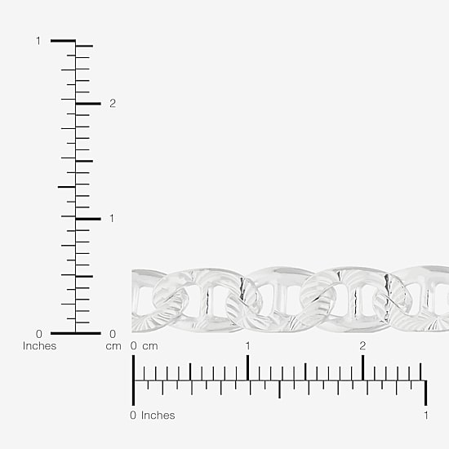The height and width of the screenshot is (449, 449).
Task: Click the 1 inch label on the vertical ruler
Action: (x=38, y=41)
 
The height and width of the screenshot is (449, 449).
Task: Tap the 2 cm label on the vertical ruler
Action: (x=113, y=104)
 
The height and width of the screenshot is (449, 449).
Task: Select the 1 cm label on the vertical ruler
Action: (x=112, y=219)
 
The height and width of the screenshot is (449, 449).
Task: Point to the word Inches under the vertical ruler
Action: (x=39, y=346)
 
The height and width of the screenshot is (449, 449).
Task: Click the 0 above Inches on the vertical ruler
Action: (x=39, y=334)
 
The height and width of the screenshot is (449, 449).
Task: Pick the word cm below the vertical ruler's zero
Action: (x=113, y=346)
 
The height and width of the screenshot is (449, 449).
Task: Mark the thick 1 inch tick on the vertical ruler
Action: (x=63, y=41)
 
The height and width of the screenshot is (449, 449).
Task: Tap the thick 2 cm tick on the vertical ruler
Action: (x=88, y=104)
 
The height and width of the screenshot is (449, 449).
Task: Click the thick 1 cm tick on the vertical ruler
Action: (x=88, y=219)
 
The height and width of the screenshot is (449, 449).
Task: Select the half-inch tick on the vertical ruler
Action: (x=67, y=187)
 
